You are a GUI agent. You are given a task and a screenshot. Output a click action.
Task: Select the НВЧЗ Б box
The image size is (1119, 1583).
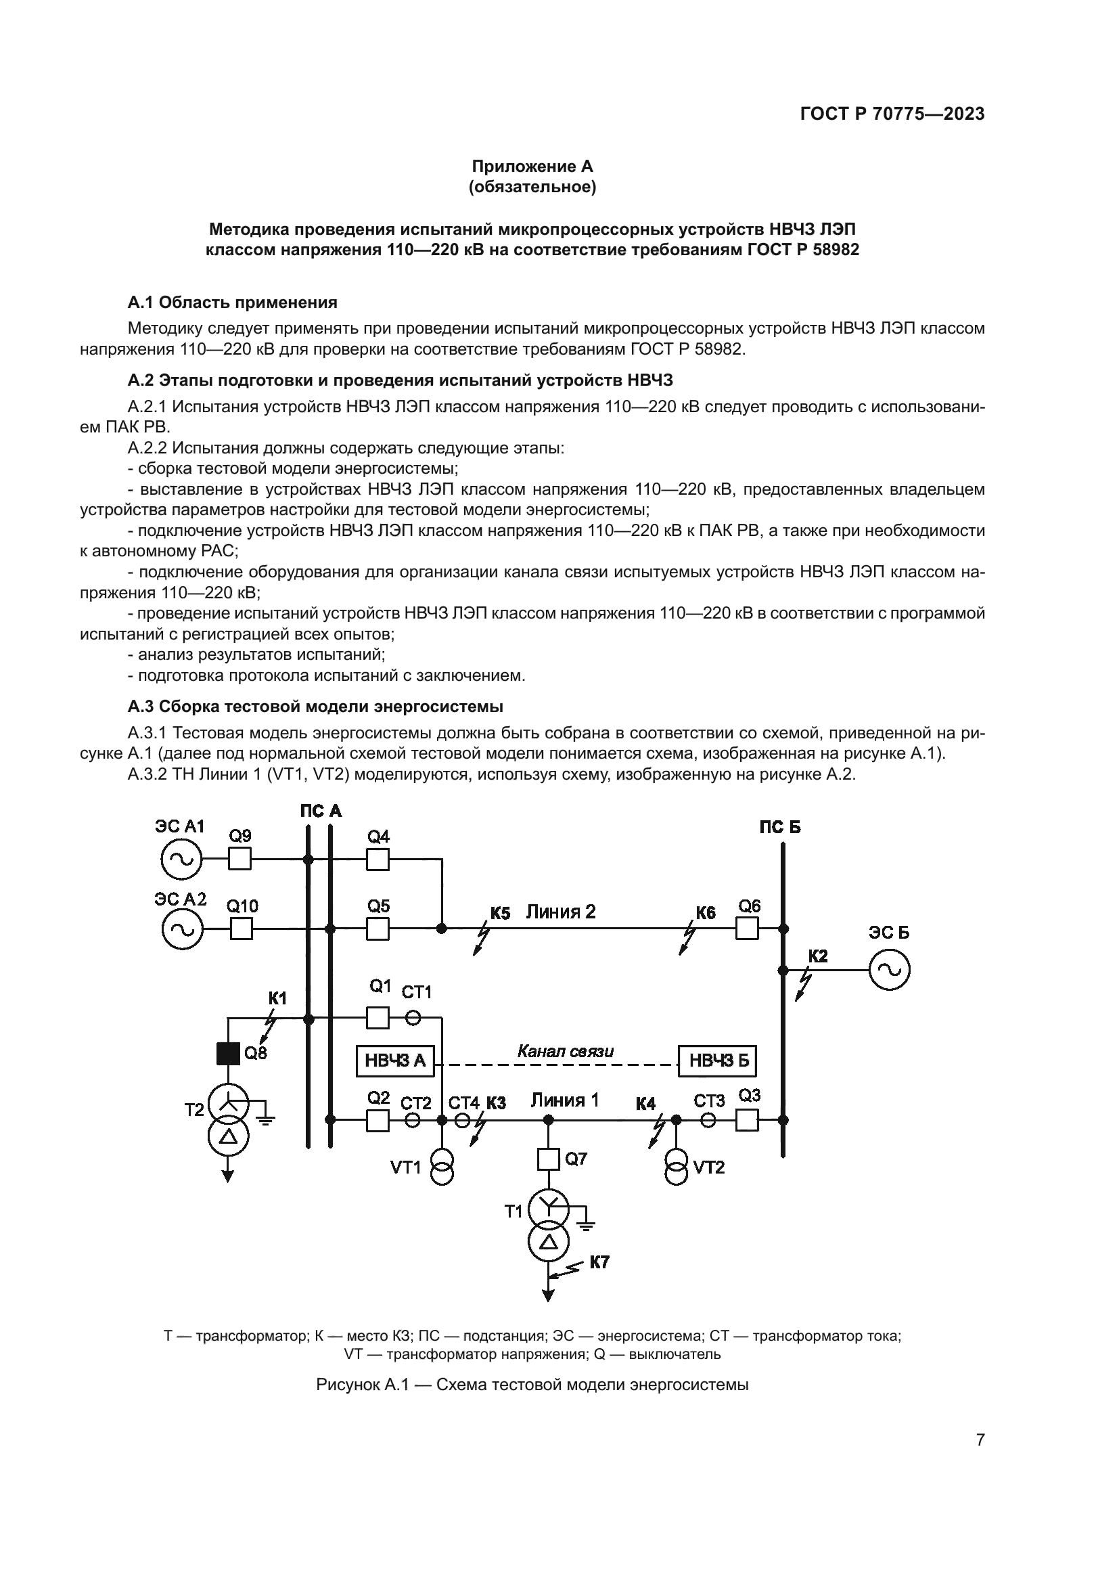717,1061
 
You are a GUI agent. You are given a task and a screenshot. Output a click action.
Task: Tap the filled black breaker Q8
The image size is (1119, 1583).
228,1053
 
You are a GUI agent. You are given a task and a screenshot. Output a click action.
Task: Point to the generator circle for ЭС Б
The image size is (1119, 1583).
889,970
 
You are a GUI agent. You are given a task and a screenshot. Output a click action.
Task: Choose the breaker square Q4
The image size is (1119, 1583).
378,860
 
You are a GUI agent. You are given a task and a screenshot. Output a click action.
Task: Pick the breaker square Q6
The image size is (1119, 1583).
747,929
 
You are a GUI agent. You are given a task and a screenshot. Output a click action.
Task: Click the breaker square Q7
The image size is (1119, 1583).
549,1159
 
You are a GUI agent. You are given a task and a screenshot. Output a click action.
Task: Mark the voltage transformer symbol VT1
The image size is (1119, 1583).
442,1167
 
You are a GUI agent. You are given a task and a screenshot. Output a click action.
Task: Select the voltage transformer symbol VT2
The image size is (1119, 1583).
677,1167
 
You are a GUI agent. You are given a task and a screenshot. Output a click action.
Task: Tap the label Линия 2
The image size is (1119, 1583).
560,912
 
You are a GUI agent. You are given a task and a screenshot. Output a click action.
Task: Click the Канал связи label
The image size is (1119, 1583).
565,1051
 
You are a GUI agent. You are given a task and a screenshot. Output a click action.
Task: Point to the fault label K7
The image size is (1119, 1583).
599,1262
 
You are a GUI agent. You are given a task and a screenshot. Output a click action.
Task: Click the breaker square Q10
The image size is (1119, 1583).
241,929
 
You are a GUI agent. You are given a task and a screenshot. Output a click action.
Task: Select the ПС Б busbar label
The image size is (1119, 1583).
780,826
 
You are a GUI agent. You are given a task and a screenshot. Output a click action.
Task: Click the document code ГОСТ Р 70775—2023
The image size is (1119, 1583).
892,114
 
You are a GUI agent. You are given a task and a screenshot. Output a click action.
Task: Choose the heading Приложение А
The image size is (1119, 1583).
532,166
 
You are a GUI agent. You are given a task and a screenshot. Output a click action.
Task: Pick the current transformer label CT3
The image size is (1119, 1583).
709,1101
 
